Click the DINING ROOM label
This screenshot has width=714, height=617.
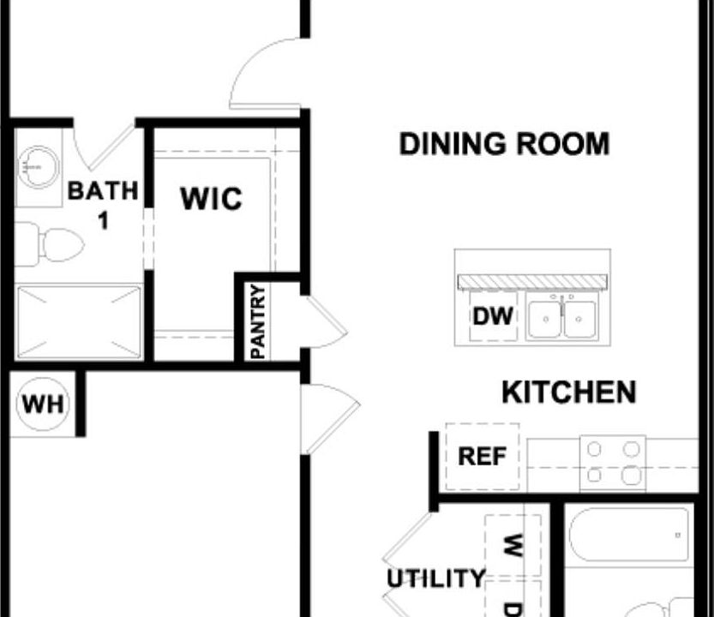[504, 144]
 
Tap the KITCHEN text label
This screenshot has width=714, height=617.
[568, 392]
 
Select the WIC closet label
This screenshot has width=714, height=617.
[211, 199]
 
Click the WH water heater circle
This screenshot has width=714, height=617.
[42, 404]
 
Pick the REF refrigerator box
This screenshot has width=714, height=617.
[482, 457]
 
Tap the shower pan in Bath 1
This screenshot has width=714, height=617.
[78, 322]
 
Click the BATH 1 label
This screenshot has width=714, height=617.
[102, 204]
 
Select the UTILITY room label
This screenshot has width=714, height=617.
[435, 579]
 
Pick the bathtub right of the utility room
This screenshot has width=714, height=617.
[631, 535]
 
